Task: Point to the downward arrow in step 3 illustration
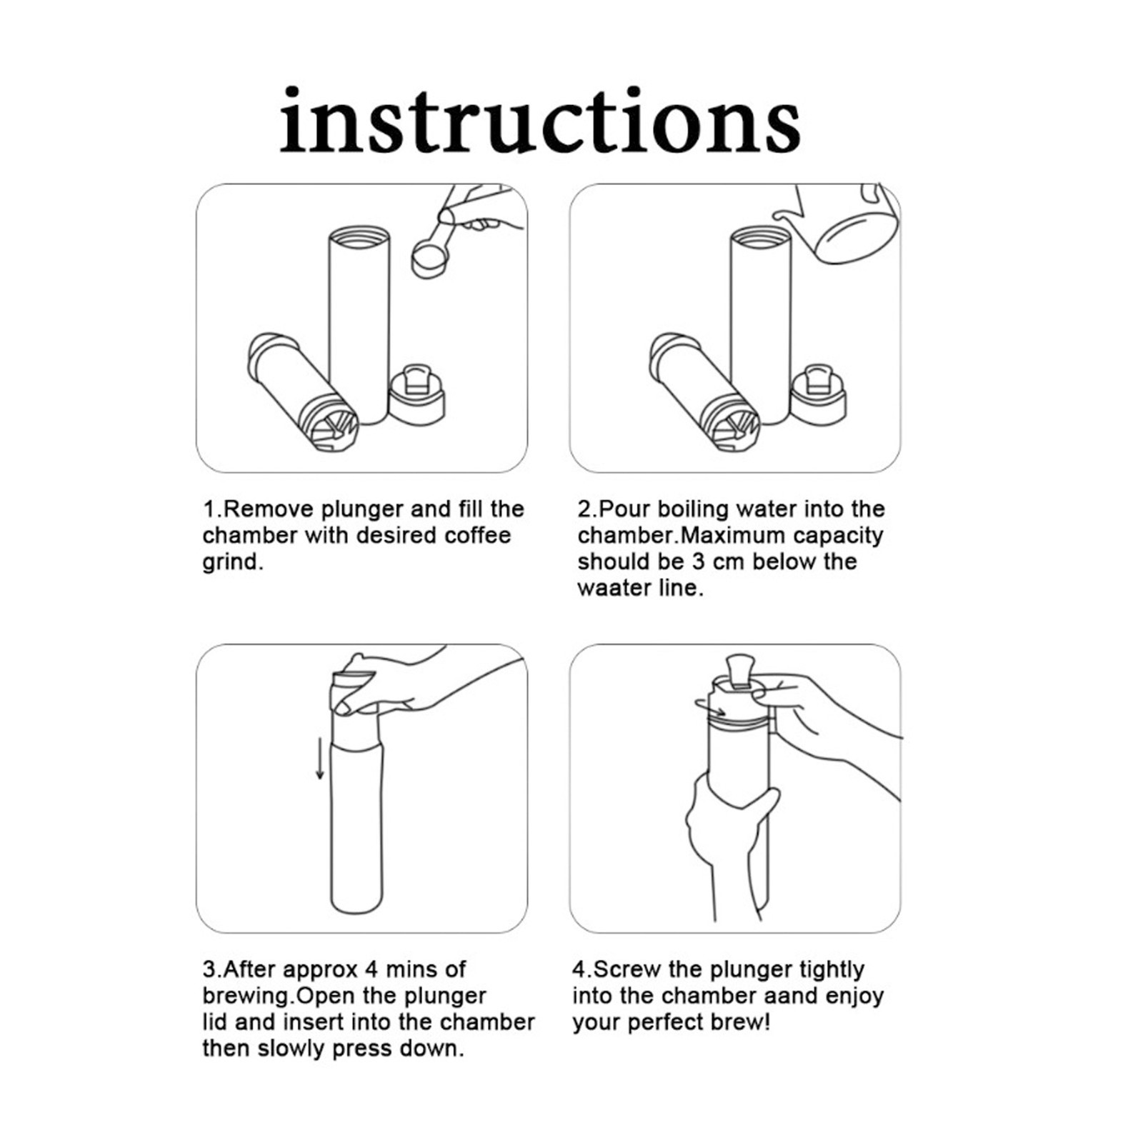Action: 320,760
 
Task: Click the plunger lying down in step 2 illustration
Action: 704,392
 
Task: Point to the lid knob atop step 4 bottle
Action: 741,672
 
